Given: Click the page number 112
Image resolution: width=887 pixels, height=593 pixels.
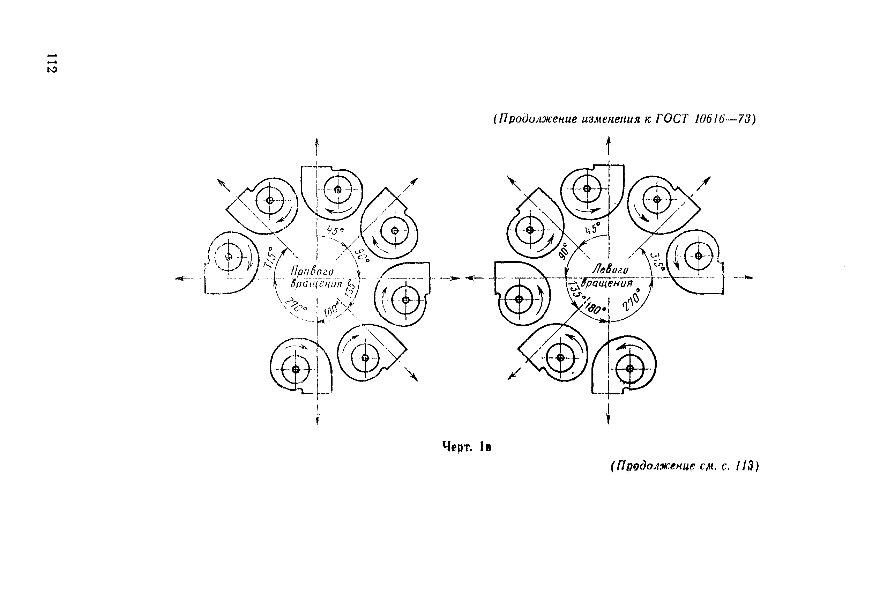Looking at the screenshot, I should pos(51,63).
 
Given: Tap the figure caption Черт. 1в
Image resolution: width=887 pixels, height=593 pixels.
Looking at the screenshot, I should pos(467,447).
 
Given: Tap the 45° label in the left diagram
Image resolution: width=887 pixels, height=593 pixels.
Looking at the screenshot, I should pos(335,230).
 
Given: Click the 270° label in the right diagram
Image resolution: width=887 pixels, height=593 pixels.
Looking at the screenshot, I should pos(632,299).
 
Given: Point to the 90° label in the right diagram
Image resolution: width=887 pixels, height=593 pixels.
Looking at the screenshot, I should pos(564,251).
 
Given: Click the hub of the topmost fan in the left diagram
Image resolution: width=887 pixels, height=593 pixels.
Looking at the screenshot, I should pos(338,190).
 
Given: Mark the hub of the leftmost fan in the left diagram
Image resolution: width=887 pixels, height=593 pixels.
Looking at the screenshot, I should pos(228,257).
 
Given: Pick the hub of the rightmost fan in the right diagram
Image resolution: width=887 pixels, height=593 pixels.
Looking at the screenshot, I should pos(698,256).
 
